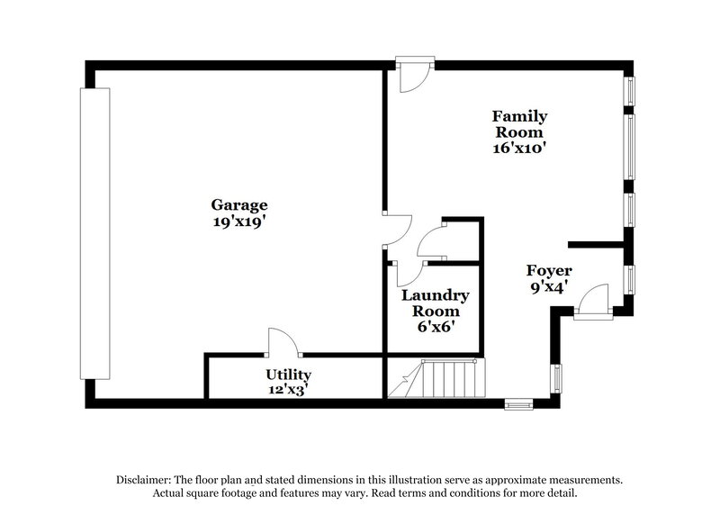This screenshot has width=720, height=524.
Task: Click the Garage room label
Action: (x=239, y=203)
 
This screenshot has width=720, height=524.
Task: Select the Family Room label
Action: (x=519, y=123)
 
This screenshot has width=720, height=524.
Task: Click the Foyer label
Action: (x=549, y=270)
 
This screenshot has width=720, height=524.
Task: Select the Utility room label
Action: (x=288, y=374)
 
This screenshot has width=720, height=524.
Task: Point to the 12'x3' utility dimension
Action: (x=288, y=389)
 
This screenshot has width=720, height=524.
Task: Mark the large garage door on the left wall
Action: (x=94, y=233)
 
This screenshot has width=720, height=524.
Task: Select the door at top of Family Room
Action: (x=413, y=76)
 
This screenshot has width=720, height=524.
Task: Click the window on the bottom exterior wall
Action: (x=518, y=404)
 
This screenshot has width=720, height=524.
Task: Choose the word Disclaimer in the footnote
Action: (x=148, y=480)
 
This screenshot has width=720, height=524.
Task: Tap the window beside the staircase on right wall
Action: (x=555, y=379)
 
